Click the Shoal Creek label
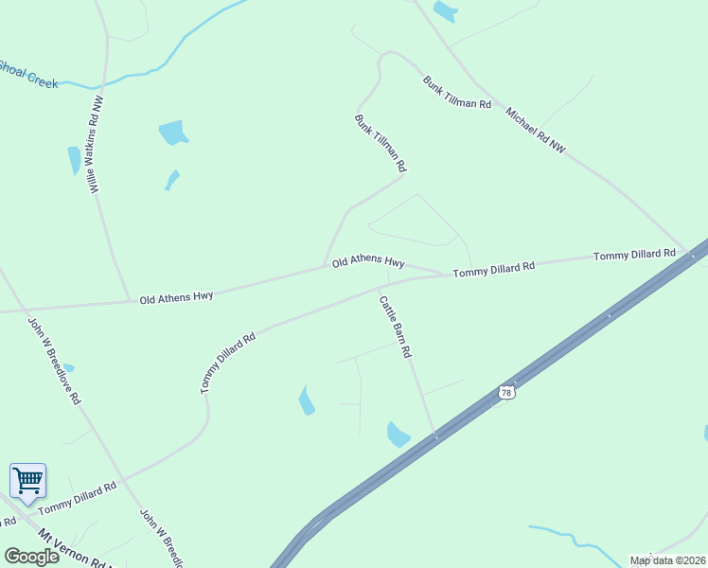coord(28,75)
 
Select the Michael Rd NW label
coord(535,131)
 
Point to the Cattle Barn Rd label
coord(396,327)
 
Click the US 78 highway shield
coord(506,392)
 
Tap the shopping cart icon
coord(27,480)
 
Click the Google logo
coord(31,557)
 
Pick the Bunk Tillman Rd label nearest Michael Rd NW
coord(457,93)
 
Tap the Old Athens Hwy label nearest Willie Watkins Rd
coord(176,297)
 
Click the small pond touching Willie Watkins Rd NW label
coord(74,160)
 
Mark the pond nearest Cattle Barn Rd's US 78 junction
coord(398,435)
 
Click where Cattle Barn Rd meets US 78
coord(436,437)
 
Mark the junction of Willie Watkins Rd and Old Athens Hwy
coord(130,301)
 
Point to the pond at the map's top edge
coord(445,11)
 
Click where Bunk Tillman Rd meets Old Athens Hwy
coord(325,266)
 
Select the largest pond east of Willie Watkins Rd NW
coord(172,132)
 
